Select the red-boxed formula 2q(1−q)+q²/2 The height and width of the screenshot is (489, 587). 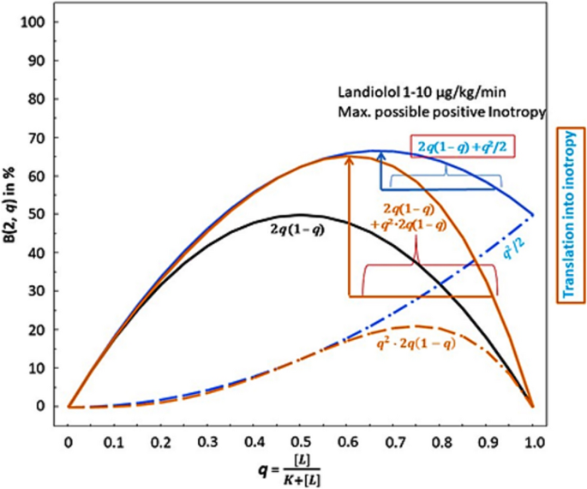[x=455, y=146]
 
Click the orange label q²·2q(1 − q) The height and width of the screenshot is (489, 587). [x=412, y=346]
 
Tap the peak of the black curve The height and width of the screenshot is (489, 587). [x=301, y=215]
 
